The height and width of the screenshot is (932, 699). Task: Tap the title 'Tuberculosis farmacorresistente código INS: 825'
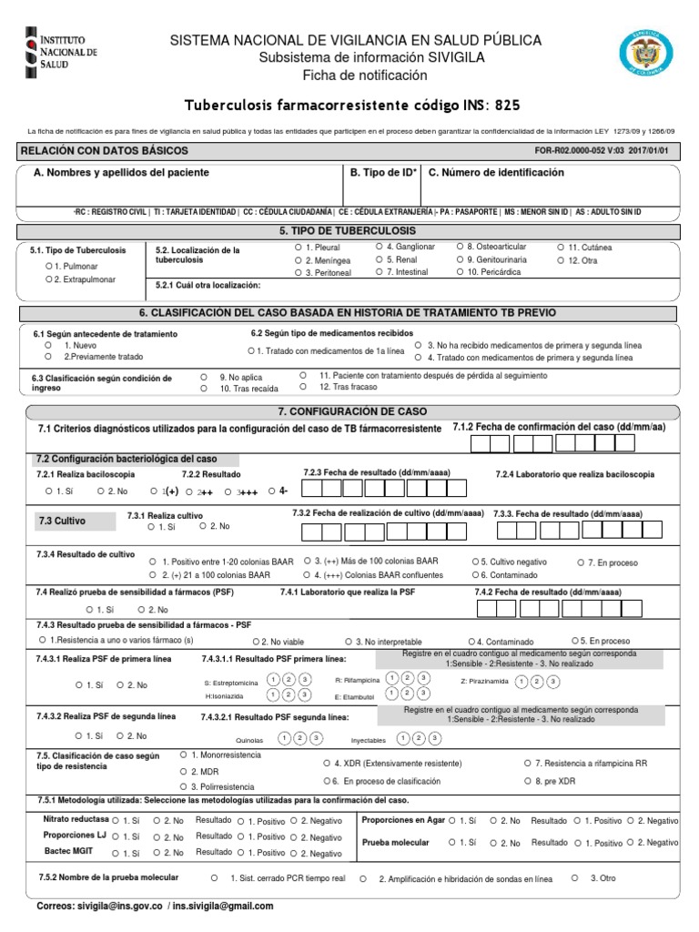coord(353,106)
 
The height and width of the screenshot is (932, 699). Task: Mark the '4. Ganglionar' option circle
coord(378,247)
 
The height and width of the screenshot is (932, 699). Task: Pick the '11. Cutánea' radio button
coord(560,248)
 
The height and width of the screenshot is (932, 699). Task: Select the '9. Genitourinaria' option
coord(458,259)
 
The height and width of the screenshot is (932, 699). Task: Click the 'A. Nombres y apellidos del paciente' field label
coord(121,172)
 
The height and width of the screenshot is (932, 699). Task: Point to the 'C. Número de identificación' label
coord(496,172)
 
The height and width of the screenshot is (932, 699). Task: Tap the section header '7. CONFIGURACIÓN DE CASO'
coord(352,411)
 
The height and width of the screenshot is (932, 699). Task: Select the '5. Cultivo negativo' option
coord(475,562)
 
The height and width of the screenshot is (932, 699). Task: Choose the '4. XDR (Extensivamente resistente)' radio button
coord(327,763)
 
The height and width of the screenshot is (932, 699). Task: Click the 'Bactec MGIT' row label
coord(69,850)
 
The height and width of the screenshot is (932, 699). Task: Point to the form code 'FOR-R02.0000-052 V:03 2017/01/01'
coord(606,150)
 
